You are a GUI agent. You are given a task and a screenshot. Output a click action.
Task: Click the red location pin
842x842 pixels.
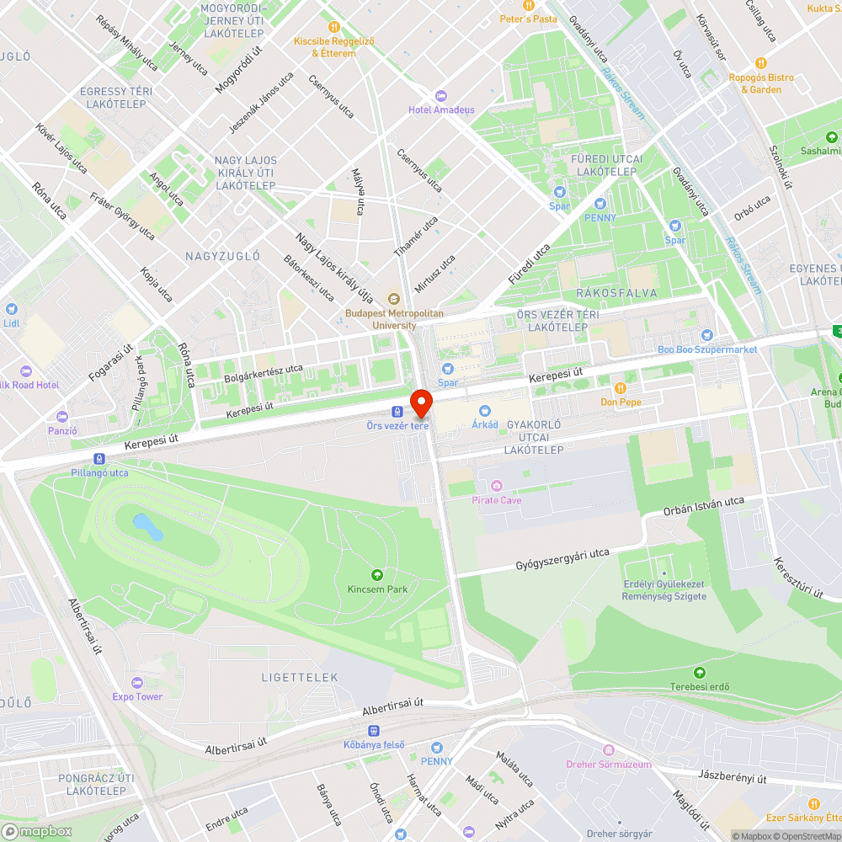pyautogui.click(x=420, y=402)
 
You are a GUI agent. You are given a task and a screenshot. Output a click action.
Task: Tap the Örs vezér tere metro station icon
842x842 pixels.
pyautogui.click(x=397, y=412)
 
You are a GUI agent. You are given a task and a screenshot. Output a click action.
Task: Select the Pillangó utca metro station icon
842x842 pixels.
pyautogui.click(x=100, y=459)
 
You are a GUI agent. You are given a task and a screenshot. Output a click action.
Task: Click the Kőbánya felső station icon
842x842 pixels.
pyautogui.click(x=374, y=731)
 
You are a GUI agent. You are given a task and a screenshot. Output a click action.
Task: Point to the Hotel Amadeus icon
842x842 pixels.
pyautogui.click(x=440, y=95)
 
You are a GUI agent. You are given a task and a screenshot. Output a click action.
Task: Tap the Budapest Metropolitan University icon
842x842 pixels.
pyautogui.click(x=393, y=298)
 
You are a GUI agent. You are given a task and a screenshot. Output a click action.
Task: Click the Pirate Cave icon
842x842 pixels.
pyautogui.click(x=497, y=486)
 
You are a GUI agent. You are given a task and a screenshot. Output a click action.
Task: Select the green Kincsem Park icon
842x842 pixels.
pyautogui.click(x=377, y=575)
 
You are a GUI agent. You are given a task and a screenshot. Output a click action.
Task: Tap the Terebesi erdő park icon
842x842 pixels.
pyautogui.click(x=700, y=672)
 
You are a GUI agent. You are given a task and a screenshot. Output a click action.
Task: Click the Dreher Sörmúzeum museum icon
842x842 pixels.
pyautogui.click(x=609, y=750)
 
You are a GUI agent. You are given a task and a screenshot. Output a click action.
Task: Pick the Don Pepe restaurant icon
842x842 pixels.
pyautogui.click(x=621, y=388)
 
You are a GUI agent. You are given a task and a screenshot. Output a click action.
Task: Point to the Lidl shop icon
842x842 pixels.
pyautogui.click(x=10, y=309)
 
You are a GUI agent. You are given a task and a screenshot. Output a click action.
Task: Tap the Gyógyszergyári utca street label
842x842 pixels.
pyautogui.click(x=562, y=559)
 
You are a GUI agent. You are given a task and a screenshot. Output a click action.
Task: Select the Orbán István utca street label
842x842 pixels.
pyautogui.click(x=704, y=507)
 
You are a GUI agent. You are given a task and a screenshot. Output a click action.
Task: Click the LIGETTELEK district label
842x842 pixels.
pyautogui.click(x=300, y=677)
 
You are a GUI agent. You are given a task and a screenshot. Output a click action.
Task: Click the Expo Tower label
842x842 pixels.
pyautogui.click(x=137, y=696)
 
